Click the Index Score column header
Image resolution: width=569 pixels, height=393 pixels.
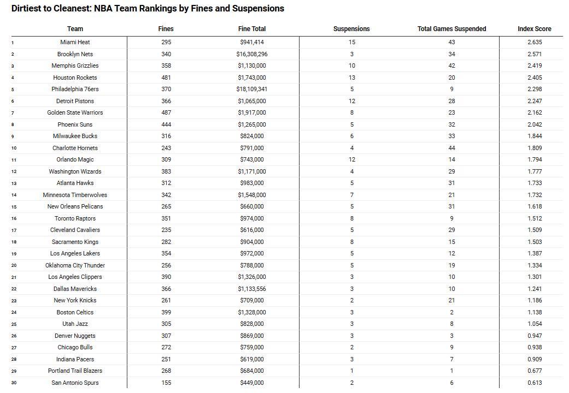pos(534,29)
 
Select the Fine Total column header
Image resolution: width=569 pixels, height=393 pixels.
pos(252,29)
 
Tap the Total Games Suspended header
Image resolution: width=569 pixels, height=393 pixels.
pos(451,29)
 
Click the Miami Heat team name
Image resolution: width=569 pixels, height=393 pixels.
pos(75,42)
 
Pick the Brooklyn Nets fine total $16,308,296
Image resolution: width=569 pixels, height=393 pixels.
pos(252,54)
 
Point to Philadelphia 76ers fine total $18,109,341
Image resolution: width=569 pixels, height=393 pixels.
pos(252,89)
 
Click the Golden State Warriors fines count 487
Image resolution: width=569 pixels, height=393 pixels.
pos(166,112)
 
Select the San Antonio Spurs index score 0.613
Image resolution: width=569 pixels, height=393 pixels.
pos(535,383)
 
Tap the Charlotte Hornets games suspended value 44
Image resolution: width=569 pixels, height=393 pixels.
pos(451,148)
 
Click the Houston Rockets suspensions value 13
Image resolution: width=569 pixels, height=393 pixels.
pos(351,78)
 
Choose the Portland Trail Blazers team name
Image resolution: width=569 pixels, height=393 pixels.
pos(75,371)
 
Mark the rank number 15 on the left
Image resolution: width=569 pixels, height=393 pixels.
pos(14,207)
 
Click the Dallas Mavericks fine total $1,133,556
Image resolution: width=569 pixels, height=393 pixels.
pos(252,289)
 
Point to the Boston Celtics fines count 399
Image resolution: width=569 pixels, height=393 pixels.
pos(166,312)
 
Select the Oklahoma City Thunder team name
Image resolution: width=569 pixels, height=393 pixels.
pos(75,265)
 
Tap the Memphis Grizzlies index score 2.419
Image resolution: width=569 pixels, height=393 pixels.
pos(535,65)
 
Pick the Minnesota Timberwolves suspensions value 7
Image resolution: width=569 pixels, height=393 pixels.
pos(351,195)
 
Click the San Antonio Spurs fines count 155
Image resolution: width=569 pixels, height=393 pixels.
pos(166,383)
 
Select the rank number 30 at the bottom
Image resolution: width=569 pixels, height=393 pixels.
pos(14,383)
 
